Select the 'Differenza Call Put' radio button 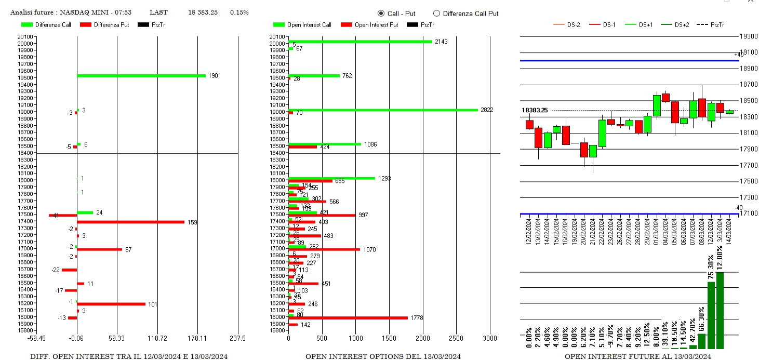pyautogui.click(x=436, y=14)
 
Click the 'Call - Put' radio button pyautogui.click(x=381, y=14)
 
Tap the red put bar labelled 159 pyautogui.click(x=130, y=222)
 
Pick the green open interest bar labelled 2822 pyautogui.click(x=383, y=110)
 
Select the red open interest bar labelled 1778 pyautogui.click(x=348, y=317)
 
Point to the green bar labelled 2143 pyautogui.click(x=360, y=42)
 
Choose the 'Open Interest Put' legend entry pyautogui.click(x=369, y=25)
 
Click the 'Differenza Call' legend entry pyautogui.click(x=47, y=25)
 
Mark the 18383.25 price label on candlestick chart pyautogui.click(x=535, y=110)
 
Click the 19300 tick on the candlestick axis pyautogui.click(x=749, y=36)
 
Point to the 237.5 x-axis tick pyautogui.click(x=237, y=338)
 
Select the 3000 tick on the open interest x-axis pyautogui.click(x=490, y=338)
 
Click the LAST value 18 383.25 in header pyautogui.click(x=203, y=12)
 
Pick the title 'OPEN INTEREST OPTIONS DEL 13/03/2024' pyautogui.click(x=383, y=356)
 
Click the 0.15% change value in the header pyautogui.click(x=239, y=12)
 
